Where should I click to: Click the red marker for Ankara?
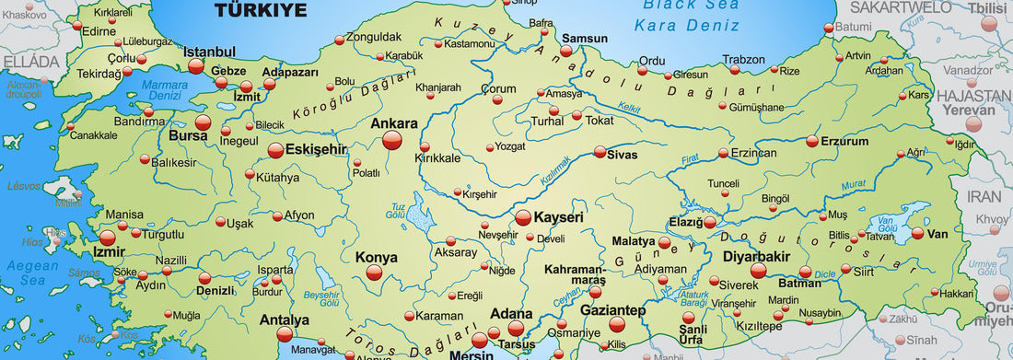point(392,140)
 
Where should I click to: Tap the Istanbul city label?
point(210,52)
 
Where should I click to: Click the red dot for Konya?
point(374,273)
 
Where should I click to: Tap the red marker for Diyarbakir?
point(758,271)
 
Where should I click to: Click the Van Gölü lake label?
point(887,225)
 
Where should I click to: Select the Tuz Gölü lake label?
point(397,210)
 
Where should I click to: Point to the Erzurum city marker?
point(812,142)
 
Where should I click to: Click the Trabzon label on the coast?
point(743,60)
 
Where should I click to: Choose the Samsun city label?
point(585,39)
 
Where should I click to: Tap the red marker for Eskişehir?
point(275,149)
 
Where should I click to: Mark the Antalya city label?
point(285,320)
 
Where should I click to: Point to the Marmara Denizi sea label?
point(166,88)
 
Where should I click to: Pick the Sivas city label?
point(623,155)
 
